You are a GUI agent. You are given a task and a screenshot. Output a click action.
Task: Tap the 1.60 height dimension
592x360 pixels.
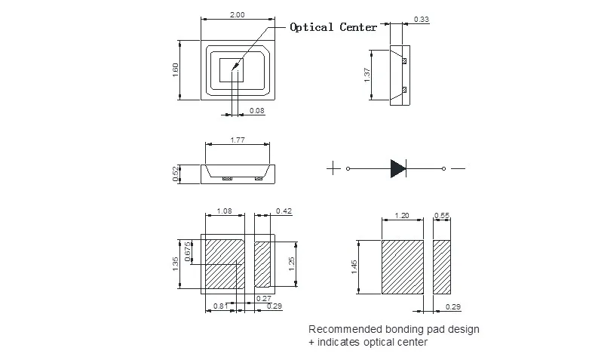[176, 68]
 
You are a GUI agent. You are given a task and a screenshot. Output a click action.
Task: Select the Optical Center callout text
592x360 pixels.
[333, 27]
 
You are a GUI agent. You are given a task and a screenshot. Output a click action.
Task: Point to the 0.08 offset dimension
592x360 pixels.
[257, 112]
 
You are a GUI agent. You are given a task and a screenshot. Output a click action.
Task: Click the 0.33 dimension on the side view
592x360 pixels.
[422, 19]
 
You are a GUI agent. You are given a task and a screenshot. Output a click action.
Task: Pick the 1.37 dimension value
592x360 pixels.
[367, 75]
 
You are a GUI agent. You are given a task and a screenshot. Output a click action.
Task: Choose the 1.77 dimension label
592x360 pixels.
[237, 140]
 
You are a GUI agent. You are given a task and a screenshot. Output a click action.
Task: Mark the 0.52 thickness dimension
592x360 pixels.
[176, 174]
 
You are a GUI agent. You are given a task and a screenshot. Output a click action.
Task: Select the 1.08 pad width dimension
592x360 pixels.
[225, 211]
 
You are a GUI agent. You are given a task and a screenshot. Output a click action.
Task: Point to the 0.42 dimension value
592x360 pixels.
[284, 211]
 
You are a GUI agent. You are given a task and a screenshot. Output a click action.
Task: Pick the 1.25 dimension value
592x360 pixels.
[291, 263]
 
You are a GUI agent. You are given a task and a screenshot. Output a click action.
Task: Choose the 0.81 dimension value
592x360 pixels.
[219, 305]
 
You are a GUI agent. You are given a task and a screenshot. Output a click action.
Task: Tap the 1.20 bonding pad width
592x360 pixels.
[402, 216]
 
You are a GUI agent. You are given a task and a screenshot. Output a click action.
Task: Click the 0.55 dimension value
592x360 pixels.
[442, 216]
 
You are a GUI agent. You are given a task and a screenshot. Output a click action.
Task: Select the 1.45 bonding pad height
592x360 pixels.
[355, 268]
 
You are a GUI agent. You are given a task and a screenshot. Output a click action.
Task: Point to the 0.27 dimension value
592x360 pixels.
[264, 298]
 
